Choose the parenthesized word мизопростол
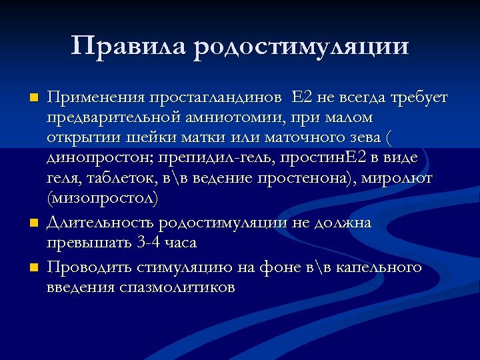pyautogui.click(x=103, y=198)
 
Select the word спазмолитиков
pyautogui.click(x=177, y=287)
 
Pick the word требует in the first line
pyautogui.click(x=419, y=98)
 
